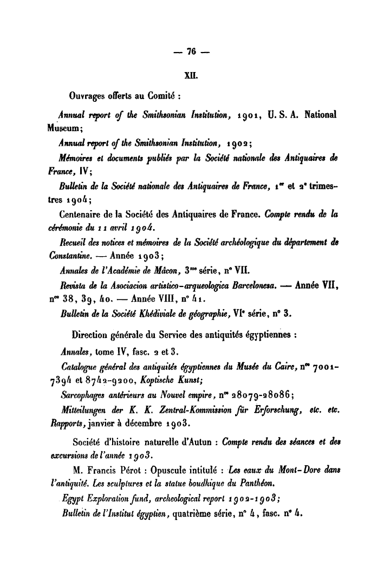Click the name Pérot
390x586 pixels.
pyautogui.click(x=149, y=467)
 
